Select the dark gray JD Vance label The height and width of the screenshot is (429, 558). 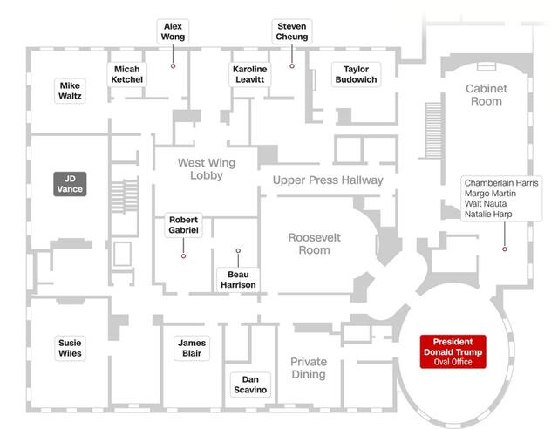(69, 183)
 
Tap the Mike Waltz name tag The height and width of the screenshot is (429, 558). (70, 91)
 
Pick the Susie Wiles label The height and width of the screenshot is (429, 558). (70, 348)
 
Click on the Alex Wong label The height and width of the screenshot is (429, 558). (173, 32)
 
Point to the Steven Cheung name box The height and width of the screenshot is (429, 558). (290, 32)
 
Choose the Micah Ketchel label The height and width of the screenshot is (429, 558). (127, 74)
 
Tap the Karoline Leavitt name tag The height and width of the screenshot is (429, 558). (249, 74)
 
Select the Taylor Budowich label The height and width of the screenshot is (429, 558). (356, 74)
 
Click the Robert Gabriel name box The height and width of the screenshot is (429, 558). (183, 225)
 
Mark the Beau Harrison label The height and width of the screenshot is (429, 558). (238, 280)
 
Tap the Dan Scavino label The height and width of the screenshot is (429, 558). (249, 385)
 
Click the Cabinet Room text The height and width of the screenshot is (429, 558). (487, 95)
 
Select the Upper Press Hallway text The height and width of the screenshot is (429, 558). (328, 180)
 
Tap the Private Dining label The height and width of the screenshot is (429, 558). (309, 368)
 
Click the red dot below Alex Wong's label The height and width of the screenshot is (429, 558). (173, 66)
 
